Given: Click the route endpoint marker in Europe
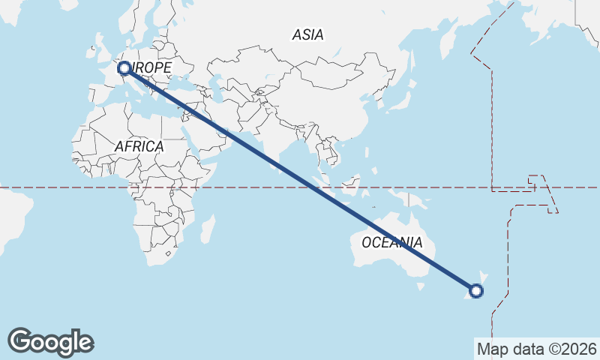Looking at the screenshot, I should pyautogui.click(x=124, y=68).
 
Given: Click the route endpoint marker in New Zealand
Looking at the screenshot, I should pyautogui.click(x=476, y=290).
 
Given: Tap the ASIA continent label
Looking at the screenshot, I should pyautogui.click(x=307, y=34).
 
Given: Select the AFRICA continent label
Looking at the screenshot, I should pyautogui.click(x=139, y=146).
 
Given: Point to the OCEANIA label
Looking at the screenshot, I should pyautogui.click(x=391, y=242).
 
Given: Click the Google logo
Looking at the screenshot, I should pyautogui.click(x=50, y=342).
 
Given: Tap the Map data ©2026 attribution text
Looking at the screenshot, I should pyautogui.click(x=536, y=349).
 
